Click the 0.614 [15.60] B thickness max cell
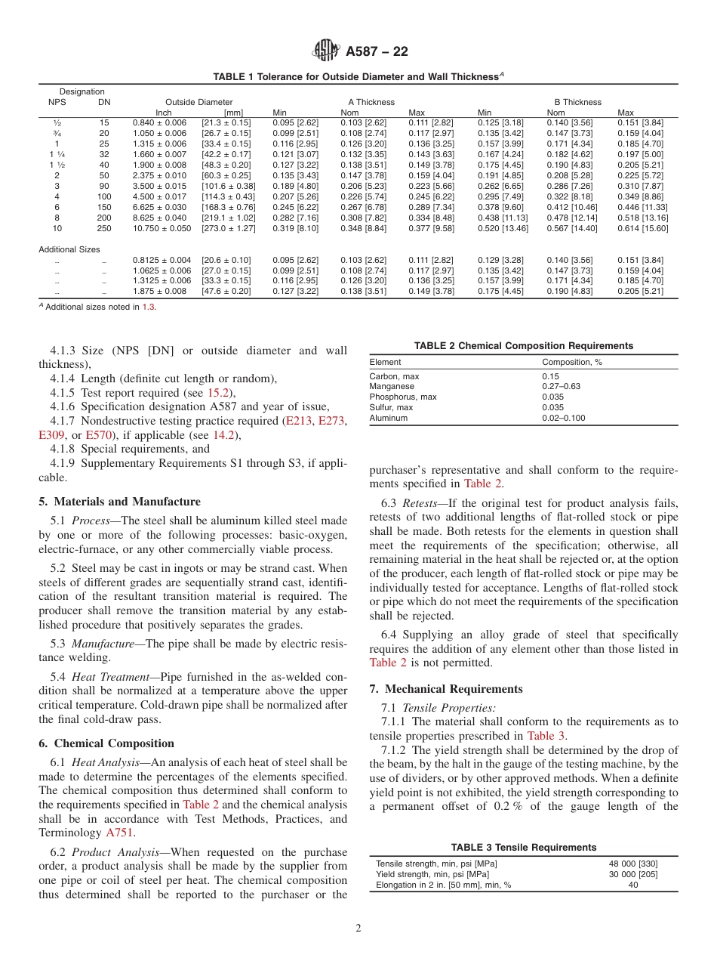pos(640,228)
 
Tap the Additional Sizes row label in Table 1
pos(69,249)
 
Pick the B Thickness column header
pos(577,102)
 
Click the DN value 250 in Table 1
pos(103,228)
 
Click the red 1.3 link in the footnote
pos(148,307)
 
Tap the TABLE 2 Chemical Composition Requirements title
pos(523,346)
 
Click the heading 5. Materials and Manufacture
pos(119,502)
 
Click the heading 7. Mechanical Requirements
pos(445,689)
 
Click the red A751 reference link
pos(119,833)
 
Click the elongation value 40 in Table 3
pos(632,885)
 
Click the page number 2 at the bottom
pos(358,929)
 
